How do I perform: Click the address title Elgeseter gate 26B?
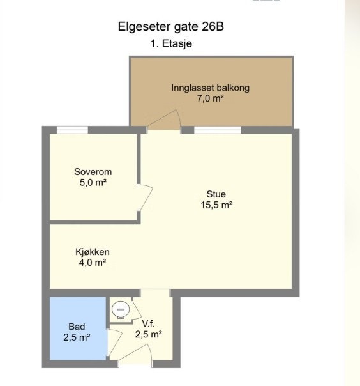(x=171, y=27)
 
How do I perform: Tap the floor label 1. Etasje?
(x=171, y=44)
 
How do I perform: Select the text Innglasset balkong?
(x=210, y=88)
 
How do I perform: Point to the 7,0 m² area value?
(x=210, y=98)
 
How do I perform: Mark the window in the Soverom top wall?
(x=72, y=130)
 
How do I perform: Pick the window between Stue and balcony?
(x=217, y=130)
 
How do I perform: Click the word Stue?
(x=216, y=194)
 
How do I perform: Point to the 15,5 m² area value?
(x=216, y=205)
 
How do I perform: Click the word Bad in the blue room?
(x=77, y=326)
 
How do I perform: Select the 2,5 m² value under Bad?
(x=77, y=337)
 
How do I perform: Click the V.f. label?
(x=148, y=323)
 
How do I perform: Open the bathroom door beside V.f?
(x=113, y=344)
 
